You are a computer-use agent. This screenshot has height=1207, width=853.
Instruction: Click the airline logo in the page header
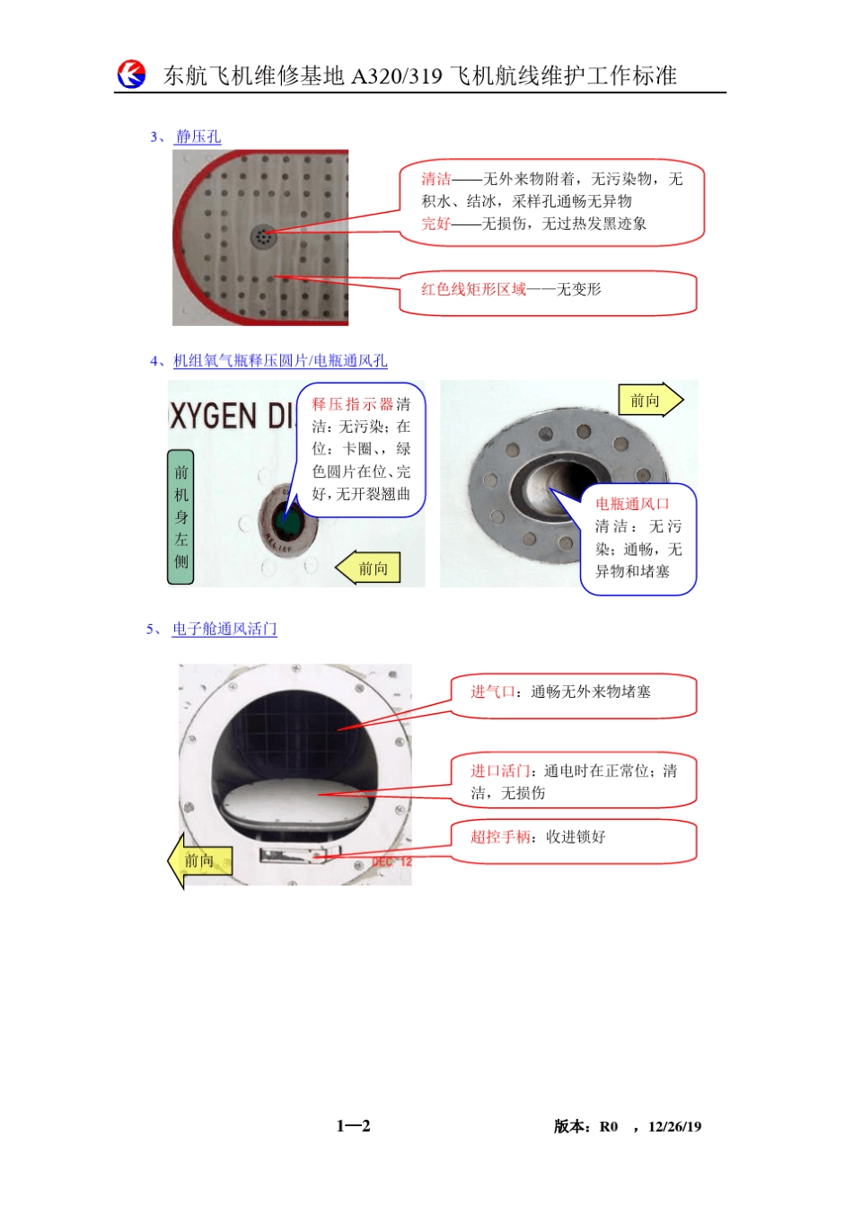(x=131, y=75)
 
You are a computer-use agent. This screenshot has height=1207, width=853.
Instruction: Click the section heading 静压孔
(x=198, y=137)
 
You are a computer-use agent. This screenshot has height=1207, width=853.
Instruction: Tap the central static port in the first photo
(x=262, y=236)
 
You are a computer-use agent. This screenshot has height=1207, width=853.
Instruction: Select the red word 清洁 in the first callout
(x=436, y=180)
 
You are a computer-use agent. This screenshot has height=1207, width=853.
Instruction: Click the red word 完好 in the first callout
(x=436, y=224)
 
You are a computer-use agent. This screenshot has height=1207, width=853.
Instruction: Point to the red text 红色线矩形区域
(x=473, y=289)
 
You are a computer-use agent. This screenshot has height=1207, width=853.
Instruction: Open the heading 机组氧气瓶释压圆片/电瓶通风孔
(x=280, y=361)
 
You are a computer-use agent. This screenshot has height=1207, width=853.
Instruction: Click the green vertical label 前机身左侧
(x=181, y=516)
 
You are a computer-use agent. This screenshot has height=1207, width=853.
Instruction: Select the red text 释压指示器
(x=353, y=405)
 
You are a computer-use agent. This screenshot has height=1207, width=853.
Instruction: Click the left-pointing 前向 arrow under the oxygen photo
(x=369, y=568)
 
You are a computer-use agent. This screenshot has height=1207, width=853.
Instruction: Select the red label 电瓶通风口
(x=632, y=504)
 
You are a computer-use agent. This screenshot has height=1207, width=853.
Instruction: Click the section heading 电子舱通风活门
(x=224, y=630)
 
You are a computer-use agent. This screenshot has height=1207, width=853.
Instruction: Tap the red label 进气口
(x=493, y=692)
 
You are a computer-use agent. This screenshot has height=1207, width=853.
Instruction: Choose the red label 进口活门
(x=500, y=771)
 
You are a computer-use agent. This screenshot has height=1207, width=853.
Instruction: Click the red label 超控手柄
(x=500, y=837)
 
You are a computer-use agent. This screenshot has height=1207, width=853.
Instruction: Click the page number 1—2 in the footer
(x=353, y=1126)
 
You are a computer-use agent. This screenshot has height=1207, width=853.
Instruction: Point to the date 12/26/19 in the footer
(x=674, y=1127)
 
